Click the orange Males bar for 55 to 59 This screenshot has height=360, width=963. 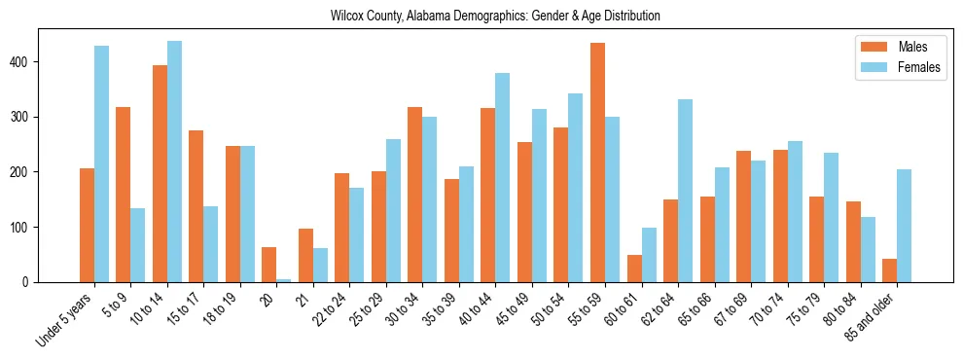pyautogui.click(x=597, y=162)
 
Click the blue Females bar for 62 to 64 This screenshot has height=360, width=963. pyautogui.click(x=685, y=191)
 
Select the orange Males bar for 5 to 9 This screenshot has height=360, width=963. pyautogui.click(x=124, y=195)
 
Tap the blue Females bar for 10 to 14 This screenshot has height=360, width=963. pyautogui.click(x=174, y=162)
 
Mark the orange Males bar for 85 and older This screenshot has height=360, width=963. pyautogui.click(x=889, y=270)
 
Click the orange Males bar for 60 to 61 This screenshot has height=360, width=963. pyautogui.click(x=634, y=269)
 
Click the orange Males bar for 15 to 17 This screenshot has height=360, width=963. pyautogui.click(x=196, y=206)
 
